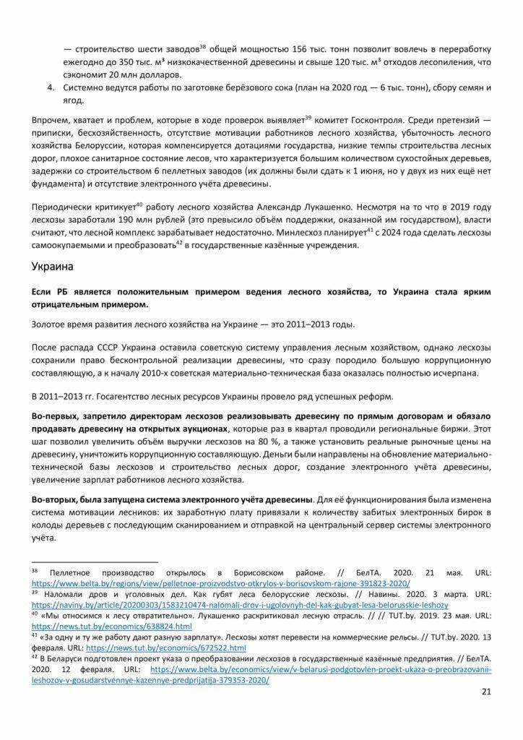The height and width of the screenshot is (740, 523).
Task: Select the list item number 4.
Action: [51, 87]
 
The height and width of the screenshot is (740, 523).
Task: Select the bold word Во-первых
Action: [58, 417]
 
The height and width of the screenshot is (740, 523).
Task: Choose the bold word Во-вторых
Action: [58, 499]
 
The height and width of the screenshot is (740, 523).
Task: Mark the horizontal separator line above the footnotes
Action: [95, 562]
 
